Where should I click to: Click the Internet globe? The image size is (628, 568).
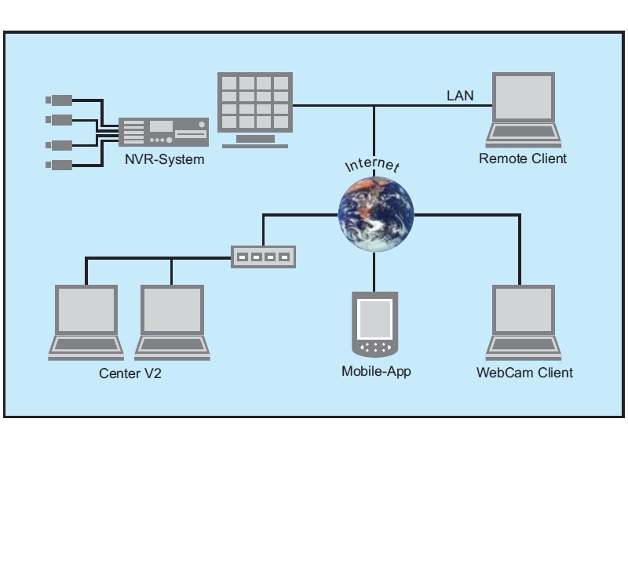click(x=374, y=213)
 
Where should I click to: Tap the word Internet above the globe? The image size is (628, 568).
click(x=372, y=165)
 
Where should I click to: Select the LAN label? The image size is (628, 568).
click(x=460, y=96)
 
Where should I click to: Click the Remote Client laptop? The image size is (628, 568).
click(x=523, y=110)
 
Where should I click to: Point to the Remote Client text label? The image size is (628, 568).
click(x=523, y=158)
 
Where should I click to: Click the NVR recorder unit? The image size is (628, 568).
click(x=163, y=132)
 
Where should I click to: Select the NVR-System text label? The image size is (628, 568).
click(x=164, y=160)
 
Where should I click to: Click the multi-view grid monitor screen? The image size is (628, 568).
click(x=254, y=103)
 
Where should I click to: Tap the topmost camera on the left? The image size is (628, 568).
click(x=59, y=100)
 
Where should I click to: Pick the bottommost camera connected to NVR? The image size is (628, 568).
click(x=59, y=165)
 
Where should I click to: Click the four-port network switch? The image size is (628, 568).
click(x=263, y=257)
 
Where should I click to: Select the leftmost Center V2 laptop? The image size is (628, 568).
click(x=86, y=322)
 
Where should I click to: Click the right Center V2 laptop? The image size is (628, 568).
click(x=173, y=322)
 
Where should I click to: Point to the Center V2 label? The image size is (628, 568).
click(x=130, y=373)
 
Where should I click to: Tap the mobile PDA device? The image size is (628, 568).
click(x=374, y=324)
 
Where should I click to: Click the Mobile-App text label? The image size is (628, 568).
click(x=376, y=371)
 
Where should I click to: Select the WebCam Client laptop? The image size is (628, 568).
click(x=523, y=322)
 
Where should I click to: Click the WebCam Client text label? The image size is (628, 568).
click(x=524, y=373)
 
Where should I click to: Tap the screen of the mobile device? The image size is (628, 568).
click(x=374, y=317)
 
